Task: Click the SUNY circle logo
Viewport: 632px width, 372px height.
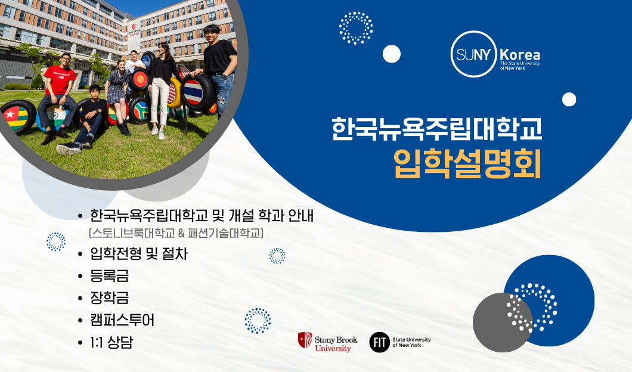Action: pos(473,54)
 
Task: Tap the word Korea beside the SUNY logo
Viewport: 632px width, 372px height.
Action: pos(520,55)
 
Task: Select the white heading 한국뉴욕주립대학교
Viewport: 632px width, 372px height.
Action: pos(436,129)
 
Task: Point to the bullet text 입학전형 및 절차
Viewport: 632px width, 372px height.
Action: pos(139,254)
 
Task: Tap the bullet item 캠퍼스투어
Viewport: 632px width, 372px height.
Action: pos(122,320)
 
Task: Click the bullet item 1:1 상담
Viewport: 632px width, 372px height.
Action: pos(111,342)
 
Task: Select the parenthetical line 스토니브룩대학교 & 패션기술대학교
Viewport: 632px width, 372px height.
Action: pos(176,233)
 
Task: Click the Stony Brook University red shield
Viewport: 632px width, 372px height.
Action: pos(305,340)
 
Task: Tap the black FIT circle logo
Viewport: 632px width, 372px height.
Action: pos(379,342)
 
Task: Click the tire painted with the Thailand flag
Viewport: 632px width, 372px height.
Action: pos(197,92)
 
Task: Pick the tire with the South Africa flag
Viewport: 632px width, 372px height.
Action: pos(140,110)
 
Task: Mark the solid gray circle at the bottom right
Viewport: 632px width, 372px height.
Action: pos(502,323)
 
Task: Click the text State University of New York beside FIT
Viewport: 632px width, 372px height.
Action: pos(411,343)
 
